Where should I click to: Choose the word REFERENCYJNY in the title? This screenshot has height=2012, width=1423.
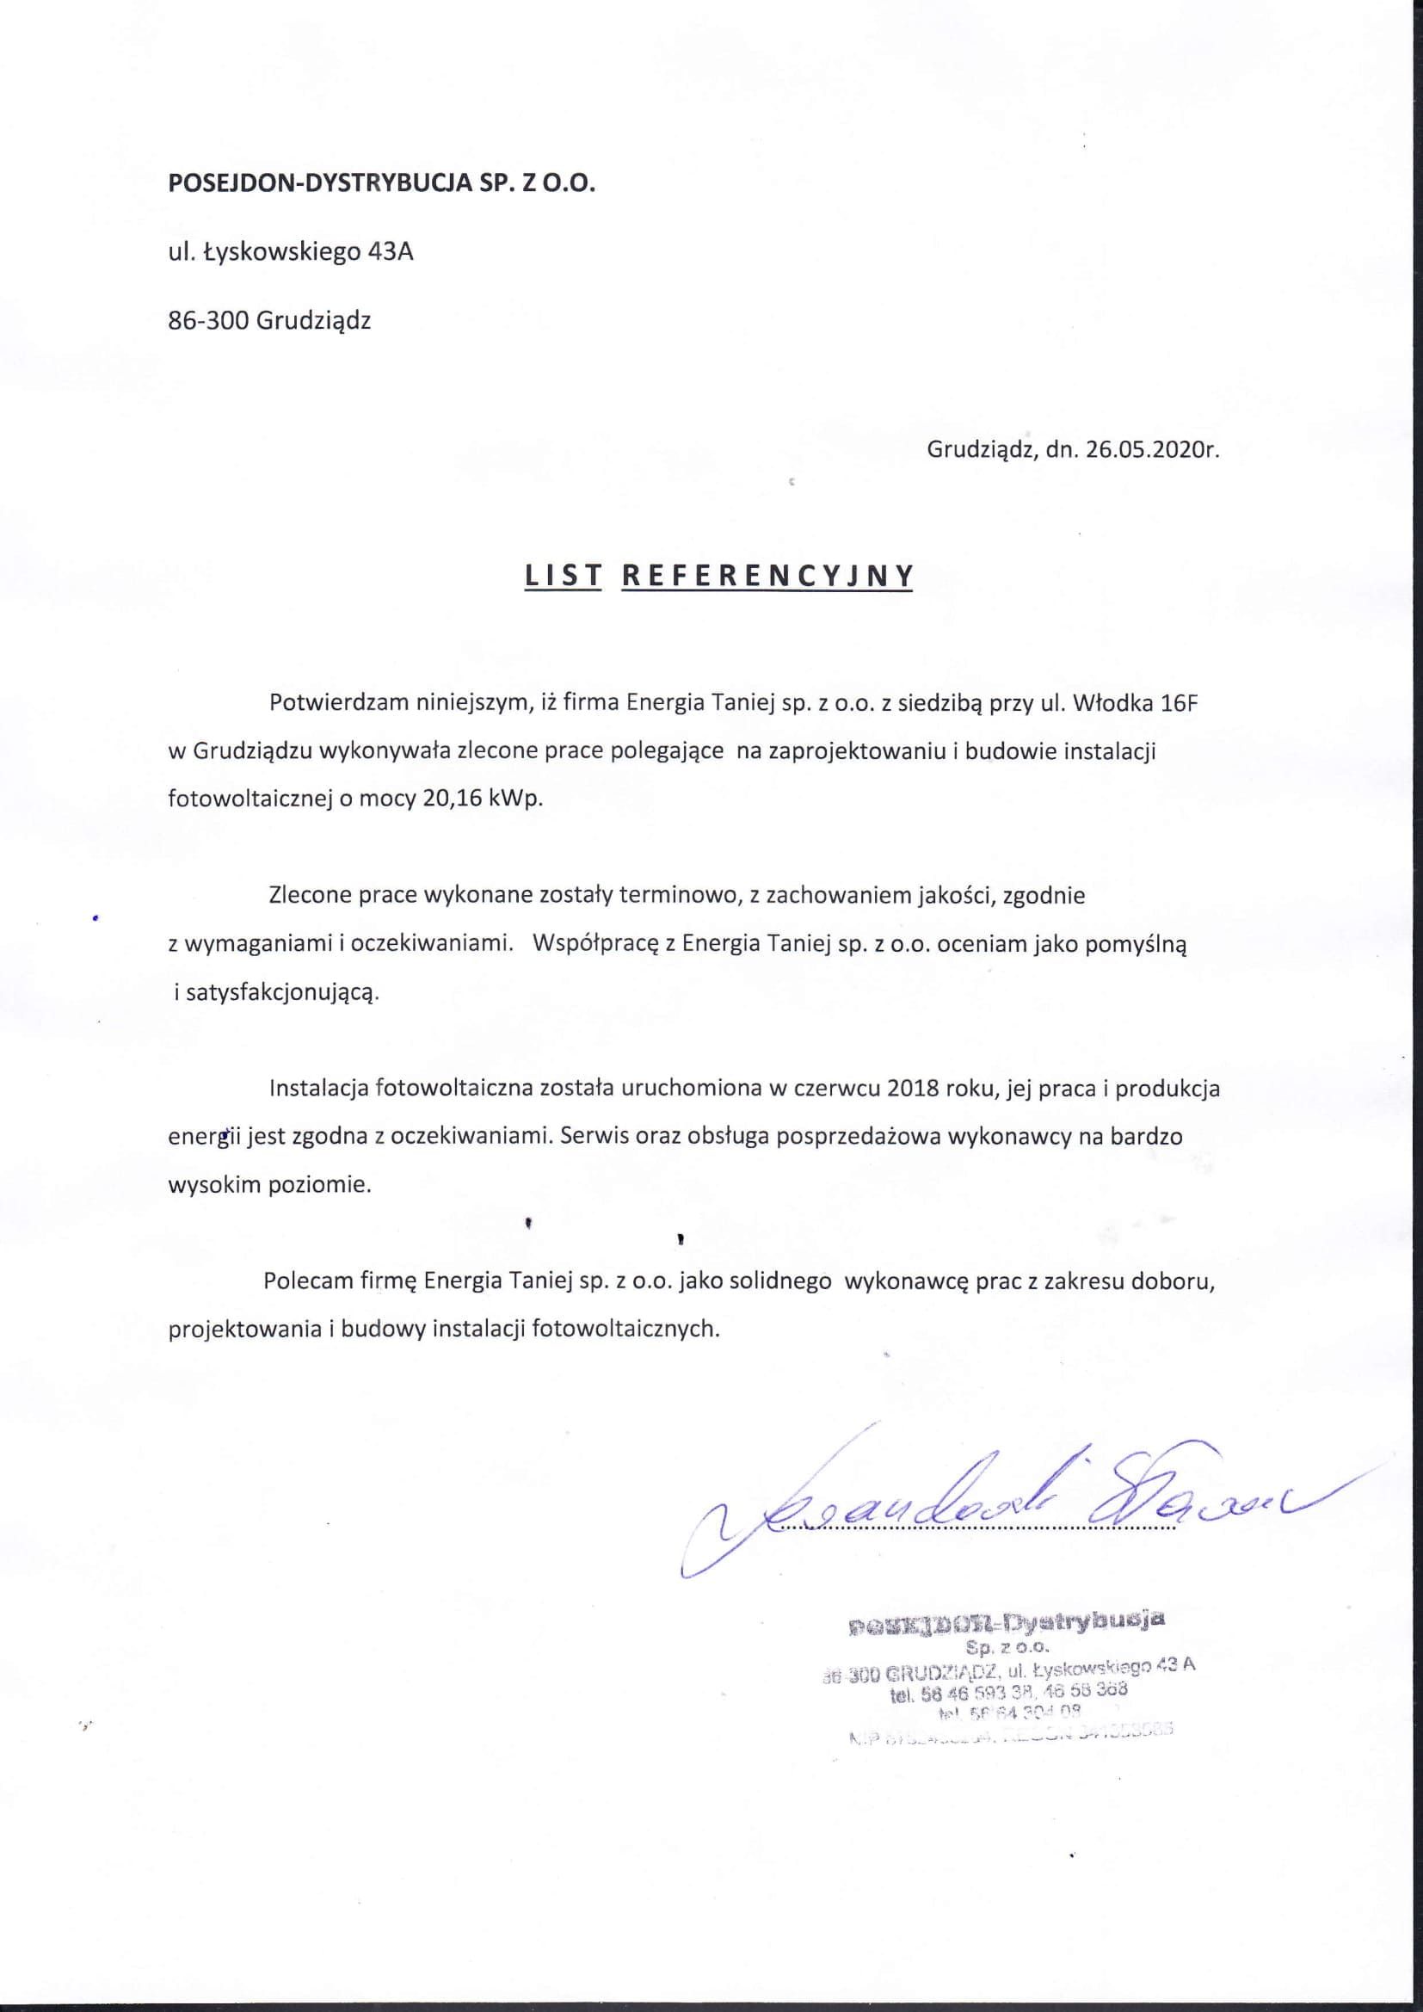tap(767, 575)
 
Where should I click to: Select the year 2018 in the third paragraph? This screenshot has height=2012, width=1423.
tap(914, 1089)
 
